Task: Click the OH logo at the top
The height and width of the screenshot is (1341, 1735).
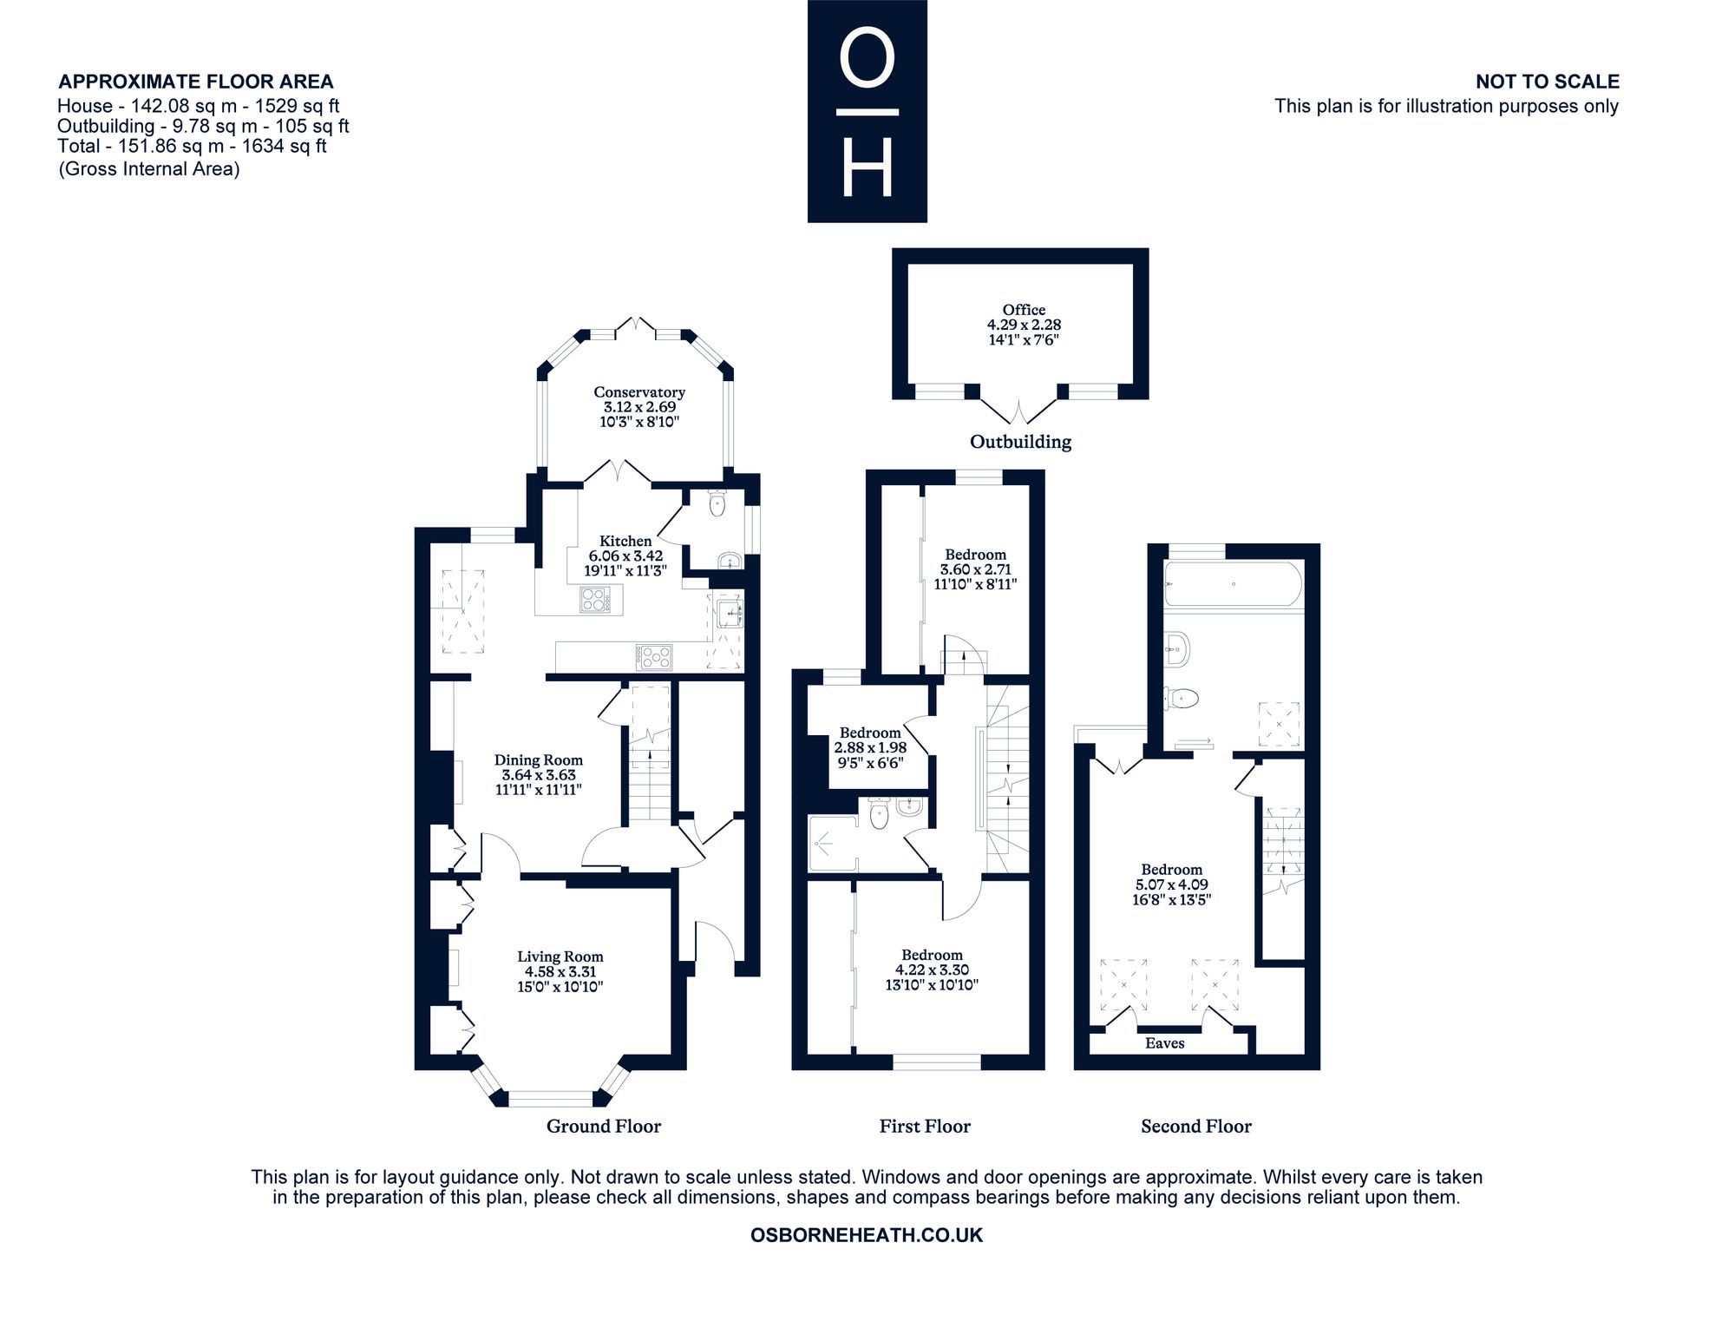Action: (867, 111)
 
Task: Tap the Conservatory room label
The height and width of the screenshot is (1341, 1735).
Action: (639, 392)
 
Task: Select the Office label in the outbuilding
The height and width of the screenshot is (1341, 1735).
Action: (1024, 310)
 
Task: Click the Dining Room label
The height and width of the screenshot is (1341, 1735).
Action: (539, 760)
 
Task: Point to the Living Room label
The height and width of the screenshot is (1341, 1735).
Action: (560, 956)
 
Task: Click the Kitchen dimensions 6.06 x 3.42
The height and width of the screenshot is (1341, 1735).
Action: (625, 555)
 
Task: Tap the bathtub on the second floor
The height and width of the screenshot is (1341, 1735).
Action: (1233, 584)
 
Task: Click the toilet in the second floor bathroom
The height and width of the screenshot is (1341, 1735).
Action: (1182, 698)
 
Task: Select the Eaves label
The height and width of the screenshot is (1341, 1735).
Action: (1164, 1043)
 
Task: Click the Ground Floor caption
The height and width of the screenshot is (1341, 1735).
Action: (604, 1127)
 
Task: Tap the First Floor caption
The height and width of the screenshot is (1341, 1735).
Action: (925, 1127)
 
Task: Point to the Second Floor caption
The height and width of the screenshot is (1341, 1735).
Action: (1196, 1127)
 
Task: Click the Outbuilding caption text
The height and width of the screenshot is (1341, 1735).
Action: (1020, 442)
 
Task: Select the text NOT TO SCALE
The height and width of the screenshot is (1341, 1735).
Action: (1548, 82)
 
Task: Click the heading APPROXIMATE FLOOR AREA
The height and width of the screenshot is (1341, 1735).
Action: (196, 82)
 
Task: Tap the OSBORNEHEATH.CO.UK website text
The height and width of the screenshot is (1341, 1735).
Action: (867, 1235)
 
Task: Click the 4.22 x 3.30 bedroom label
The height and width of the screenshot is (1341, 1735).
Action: (932, 970)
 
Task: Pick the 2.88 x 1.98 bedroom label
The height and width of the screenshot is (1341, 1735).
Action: (870, 747)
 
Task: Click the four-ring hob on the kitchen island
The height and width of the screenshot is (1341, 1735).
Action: (595, 600)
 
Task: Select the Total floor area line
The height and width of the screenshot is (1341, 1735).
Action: (192, 146)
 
